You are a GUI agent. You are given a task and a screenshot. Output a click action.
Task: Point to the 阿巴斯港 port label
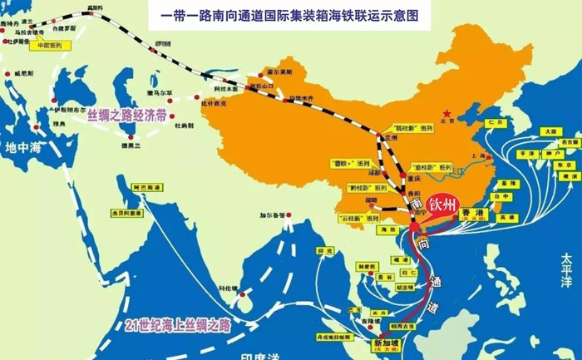[121, 190]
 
